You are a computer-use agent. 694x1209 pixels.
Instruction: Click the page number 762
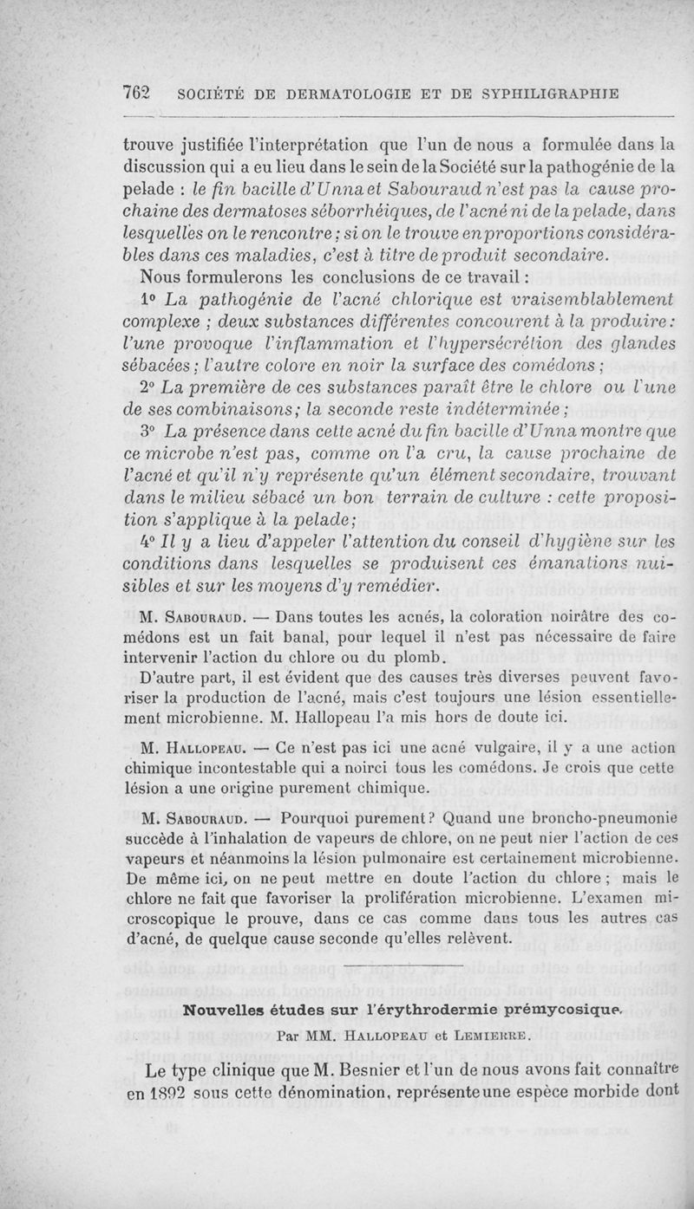[x=138, y=94]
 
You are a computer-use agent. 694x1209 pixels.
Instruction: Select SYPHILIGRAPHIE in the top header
[x=540, y=94]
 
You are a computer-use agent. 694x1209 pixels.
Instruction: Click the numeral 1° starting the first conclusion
[x=149, y=301]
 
